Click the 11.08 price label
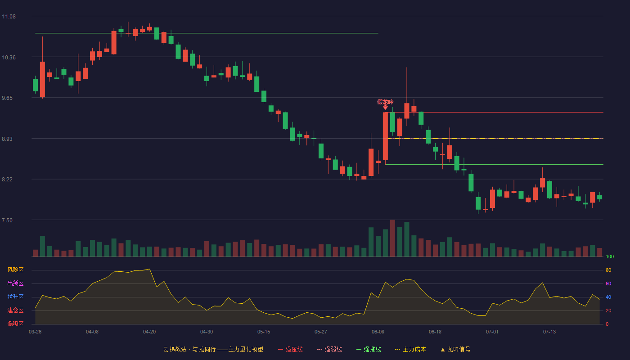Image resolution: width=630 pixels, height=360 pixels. tap(9, 17)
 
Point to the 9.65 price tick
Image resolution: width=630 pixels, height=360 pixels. tap(7, 98)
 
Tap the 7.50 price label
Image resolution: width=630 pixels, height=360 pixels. tap(7, 220)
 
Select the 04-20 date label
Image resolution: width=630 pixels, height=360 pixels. tap(149, 332)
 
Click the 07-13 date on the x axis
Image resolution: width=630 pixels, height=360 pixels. tap(549, 332)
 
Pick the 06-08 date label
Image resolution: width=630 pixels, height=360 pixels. tap(378, 332)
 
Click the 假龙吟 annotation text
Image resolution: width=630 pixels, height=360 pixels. tap(385, 102)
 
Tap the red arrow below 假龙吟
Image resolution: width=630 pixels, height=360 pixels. tap(385, 108)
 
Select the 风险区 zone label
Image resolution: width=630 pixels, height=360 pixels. tap(15, 270)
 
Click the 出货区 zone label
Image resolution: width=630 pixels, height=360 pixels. tap(15, 283)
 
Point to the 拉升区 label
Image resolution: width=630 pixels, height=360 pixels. tap(15, 297)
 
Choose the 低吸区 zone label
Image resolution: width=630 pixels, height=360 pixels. tap(15, 324)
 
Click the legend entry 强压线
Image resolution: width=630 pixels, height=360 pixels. tap(290, 349)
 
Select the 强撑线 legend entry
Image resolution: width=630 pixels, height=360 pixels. tap(369, 349)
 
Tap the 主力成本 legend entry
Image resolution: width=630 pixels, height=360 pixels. tap(410, 349)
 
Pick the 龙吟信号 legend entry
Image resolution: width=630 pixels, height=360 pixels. tap(455, 349)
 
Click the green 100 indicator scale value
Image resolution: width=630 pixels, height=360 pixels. tap(610, 256)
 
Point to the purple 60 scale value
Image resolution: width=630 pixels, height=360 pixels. tap(608, 283)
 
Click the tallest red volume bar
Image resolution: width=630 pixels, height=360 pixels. tap(392, 238)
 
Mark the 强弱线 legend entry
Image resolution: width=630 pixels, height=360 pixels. tap(329, 349)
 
